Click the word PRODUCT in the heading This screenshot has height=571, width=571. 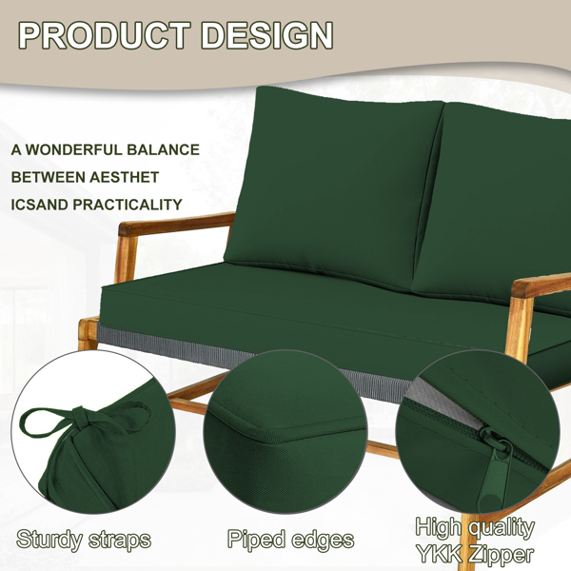tap(105, 35)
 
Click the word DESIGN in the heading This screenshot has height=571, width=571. tap(266, 35)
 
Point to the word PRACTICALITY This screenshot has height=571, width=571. tap(128, 205)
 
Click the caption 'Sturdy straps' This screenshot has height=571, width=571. tap(84, 540)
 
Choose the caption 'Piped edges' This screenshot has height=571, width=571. tap(290, 540)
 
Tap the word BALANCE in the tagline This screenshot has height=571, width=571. tap(163, 149)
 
